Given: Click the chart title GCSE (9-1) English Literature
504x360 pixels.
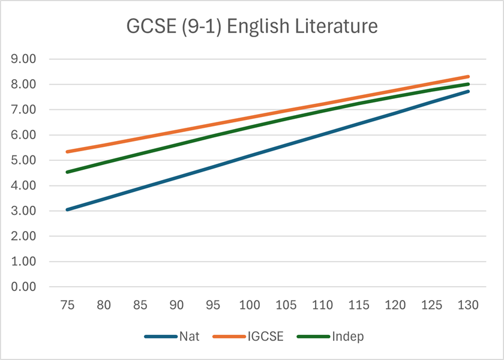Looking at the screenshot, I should [x=252, y=27].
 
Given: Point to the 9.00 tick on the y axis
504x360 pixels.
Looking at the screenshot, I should [x=25, y=59].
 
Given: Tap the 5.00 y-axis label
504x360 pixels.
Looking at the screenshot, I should [x=25, y=161].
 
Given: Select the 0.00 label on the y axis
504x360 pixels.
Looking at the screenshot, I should [x=25, y=287].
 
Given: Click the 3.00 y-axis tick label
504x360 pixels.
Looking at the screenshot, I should [x=25, y=211].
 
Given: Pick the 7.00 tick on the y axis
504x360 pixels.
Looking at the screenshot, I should [x=25, y=110].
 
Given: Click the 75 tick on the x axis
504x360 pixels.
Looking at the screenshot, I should [x=68, y=305].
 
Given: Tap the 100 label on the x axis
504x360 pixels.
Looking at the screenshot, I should [x=250, y=305].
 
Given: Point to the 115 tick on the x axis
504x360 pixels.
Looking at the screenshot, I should [x=359, y=305].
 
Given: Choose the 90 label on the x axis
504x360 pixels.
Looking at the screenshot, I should [x=177, y=305].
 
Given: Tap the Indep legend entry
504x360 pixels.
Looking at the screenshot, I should [x=347, y=337].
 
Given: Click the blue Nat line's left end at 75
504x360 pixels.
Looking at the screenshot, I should [x=68, y=209].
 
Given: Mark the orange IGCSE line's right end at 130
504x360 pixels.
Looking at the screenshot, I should [x=468, y=77].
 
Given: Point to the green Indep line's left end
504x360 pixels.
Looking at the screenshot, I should [x=68, y=172].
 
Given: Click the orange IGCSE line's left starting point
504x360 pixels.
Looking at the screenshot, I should [x=68, y=152].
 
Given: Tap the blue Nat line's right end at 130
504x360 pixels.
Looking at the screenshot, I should [x=468, y=91].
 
